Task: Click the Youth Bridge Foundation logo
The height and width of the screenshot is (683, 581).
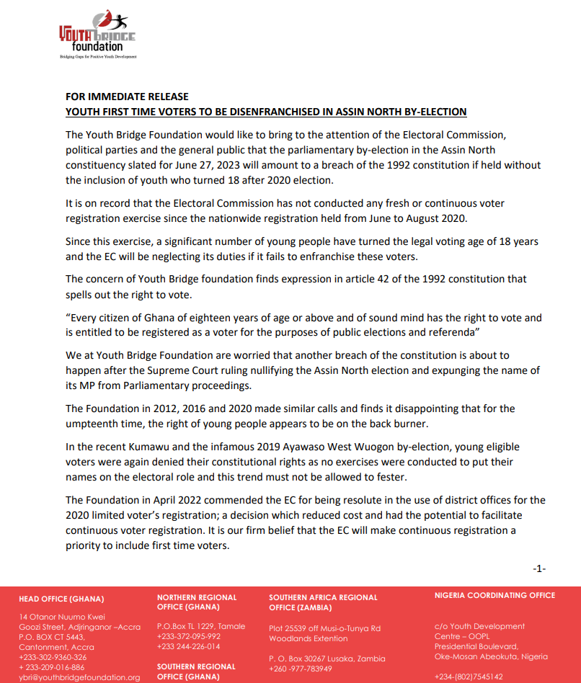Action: click(97, 36)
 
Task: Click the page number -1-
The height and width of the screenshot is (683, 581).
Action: click(539, 568)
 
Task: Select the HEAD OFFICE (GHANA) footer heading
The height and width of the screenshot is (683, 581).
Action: click(61, 599)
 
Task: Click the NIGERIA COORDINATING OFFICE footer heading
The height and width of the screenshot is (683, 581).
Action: click(495, 595)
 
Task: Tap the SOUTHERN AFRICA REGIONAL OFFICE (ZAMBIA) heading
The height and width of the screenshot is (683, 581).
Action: click(323, 602)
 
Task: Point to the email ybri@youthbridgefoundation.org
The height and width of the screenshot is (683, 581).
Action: click(79, 677)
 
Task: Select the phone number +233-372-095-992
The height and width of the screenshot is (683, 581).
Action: click(189, 636)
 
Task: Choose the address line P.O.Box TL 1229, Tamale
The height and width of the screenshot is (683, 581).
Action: click(201, 626)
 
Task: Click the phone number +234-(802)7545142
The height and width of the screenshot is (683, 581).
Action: click(469, 677)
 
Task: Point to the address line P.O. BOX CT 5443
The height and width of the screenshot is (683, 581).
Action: click(52, 637)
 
